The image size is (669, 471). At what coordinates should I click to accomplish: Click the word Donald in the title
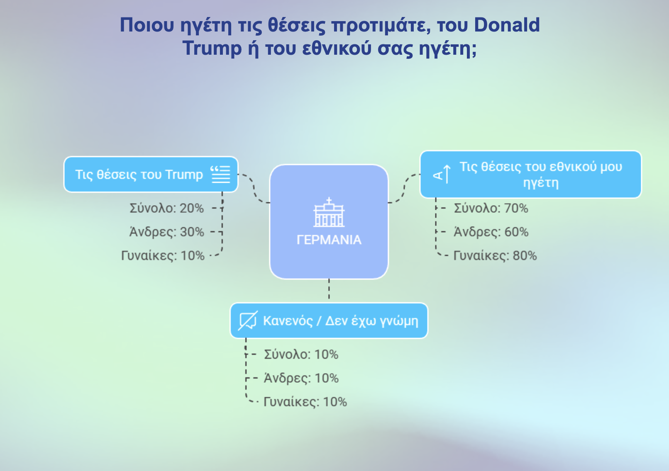507,25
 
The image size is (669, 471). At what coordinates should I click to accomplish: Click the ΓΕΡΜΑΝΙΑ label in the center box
329,240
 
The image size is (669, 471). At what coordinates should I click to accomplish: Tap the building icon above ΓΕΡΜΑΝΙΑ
329,212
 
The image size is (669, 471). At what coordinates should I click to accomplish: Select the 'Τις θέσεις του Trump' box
151,175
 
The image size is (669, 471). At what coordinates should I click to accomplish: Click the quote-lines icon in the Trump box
220,174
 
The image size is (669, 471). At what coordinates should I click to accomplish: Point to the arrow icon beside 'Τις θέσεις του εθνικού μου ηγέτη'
442,174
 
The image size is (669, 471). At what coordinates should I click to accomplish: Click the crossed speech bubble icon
248,320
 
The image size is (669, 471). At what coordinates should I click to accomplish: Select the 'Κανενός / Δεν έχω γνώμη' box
329,320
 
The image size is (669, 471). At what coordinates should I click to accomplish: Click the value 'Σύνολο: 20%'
167,208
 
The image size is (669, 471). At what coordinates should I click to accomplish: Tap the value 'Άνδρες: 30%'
167,232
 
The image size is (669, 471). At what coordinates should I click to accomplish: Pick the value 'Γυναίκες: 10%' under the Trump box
163,256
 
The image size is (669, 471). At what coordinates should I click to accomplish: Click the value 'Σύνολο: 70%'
491,208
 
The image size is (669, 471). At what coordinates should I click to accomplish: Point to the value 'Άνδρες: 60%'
491,232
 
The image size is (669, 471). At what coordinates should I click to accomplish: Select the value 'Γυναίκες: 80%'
495,256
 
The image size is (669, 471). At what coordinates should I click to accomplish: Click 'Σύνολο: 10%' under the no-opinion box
301,354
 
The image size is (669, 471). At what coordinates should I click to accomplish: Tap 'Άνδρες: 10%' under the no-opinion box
301,378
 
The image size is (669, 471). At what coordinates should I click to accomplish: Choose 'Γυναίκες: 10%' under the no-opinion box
305,402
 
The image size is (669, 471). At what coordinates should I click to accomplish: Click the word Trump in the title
212,49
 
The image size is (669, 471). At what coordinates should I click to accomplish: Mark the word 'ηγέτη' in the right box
541,182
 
